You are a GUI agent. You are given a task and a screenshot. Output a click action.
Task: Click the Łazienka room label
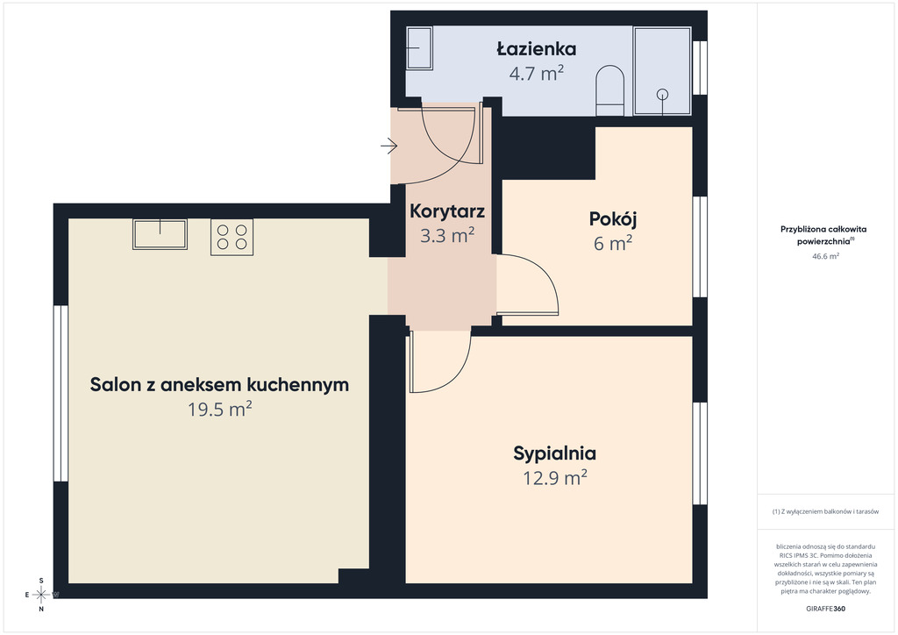pyautogui.click(x=536, y=48)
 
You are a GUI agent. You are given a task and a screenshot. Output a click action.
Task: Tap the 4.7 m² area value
pyautogui.click(x=536, y=74)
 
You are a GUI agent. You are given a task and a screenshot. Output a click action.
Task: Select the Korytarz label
pyautogui.click(x=447, y=211)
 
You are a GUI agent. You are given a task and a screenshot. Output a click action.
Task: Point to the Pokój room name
pyautogui.click(x=613, y=218)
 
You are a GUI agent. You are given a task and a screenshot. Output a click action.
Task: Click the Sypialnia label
pyautogui.click(x=554, y=453)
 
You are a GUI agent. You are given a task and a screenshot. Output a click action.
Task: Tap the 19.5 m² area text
pyautogui.click(x=220, y=409)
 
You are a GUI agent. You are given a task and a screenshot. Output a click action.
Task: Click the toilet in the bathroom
pyautogui.click(x=610, y=90)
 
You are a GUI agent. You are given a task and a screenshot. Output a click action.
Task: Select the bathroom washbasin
pyautogui.click(x=419, y=48)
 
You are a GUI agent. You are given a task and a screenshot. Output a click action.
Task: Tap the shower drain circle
pyautogui.click(x=663, y=94)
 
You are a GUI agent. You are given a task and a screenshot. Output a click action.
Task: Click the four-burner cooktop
pyautogui.click(x=232, y=237)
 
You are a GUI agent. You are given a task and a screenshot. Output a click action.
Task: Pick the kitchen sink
pyautogui.click(x=160, y=233)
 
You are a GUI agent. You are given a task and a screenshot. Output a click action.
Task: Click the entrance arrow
pyautogui.click(x=388, y=146)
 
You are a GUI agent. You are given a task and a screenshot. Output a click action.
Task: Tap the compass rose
pyautogui.click(x=41, y=595)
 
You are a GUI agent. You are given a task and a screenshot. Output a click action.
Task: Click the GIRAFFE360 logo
pyautogui.click(x=825, y=609)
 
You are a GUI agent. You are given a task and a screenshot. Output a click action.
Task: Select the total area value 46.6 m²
pyautogui.click(x=825, y=256)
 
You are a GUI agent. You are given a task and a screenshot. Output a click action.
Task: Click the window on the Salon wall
pyautogui.click(x=61, y=394)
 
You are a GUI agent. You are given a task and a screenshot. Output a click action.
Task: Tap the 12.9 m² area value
pyautogui.click(x=554, y=477)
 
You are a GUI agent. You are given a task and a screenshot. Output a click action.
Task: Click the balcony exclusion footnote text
pyautogui.click(x=825, y=511)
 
